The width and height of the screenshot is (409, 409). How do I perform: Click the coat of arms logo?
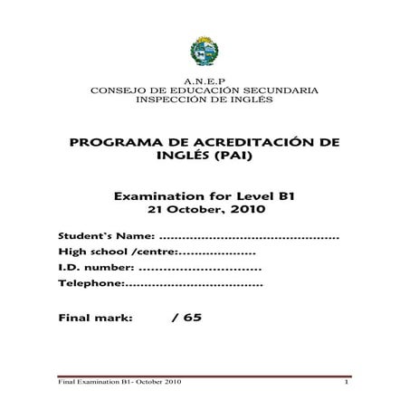[x=204, y=52]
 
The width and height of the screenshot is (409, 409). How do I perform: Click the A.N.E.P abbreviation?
[x=204, y=81]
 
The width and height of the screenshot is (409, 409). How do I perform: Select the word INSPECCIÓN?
[x=168, y=100]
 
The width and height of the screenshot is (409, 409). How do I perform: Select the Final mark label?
[x=95, y=319]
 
